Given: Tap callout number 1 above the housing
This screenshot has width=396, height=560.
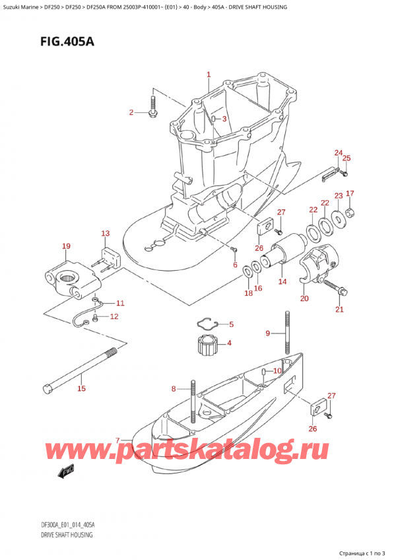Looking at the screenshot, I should click(209, 75).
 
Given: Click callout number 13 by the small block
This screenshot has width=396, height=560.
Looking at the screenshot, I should click(106, 233).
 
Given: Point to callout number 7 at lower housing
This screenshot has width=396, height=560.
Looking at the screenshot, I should click(117, 440).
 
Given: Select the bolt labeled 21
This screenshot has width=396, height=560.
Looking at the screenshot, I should click(338, 289).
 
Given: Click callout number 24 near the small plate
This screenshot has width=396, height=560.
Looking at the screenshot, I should click(339, 153).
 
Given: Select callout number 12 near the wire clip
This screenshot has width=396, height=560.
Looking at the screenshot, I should click(114, 316).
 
